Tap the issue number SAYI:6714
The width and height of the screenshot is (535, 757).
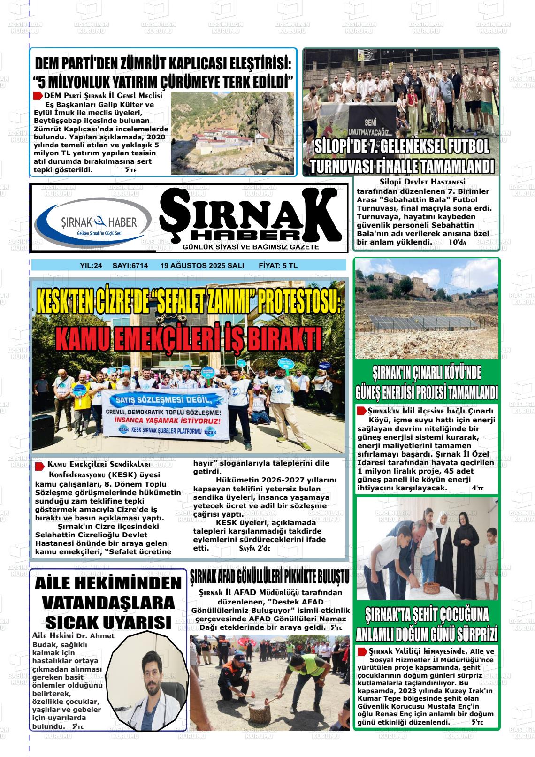(x=130, y=266)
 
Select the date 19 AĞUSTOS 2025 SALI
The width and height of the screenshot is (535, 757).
(x=202, y=266)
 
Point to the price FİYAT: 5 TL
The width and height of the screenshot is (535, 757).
(x=278, y=266)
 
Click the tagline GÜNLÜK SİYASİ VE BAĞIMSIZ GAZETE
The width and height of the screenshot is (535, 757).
(x=251, y=247)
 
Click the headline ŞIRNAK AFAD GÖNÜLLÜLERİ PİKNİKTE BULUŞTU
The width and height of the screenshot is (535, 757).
(x=270, y=577)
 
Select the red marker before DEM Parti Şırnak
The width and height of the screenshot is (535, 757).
(x=38, y=96)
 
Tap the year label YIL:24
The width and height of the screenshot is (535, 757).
(x=91, y=266)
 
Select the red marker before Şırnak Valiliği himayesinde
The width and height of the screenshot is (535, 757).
(x=362, y=651)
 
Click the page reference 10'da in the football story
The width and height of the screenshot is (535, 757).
(x=458, y=242)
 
